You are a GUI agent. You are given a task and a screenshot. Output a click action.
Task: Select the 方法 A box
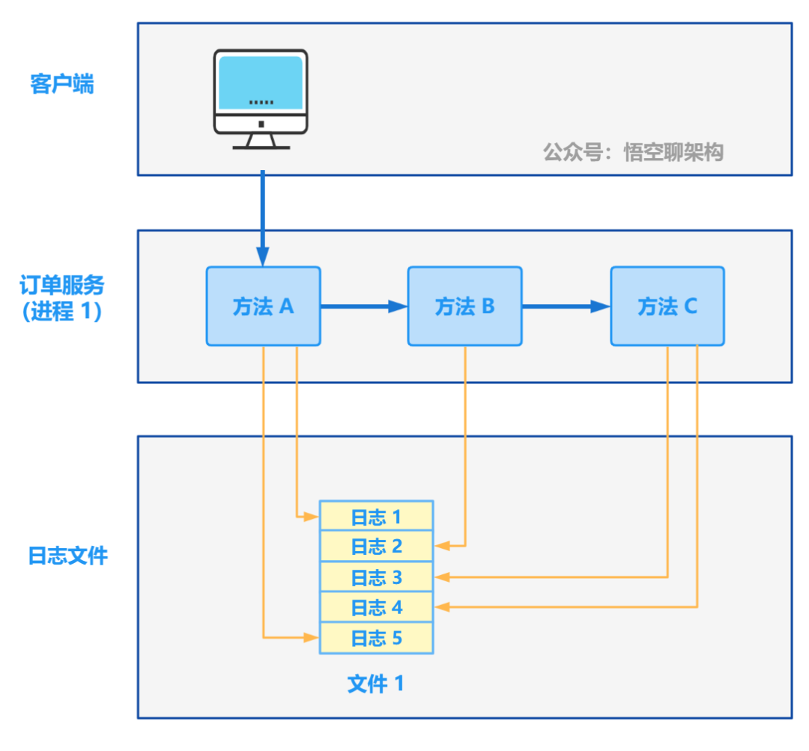coord(263,306)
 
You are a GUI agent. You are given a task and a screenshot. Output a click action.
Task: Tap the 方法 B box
coord(464,306)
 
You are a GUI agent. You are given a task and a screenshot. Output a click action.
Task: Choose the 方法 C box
coord(667,306)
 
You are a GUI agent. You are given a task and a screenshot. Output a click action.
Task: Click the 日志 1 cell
coord(377,516)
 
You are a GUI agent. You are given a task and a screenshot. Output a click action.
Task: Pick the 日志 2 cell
coord(377,547)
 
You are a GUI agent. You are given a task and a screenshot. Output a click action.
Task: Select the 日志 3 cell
coord(377,577)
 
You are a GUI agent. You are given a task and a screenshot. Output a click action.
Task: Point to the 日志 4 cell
coord(377,607)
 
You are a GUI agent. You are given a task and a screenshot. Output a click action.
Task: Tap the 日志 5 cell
coord(377,638)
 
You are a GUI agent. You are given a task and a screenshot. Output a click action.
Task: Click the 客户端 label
coord(63,84)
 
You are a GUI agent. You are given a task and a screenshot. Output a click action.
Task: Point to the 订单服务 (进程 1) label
coord(62,297)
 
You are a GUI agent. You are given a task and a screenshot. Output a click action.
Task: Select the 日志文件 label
coord(68,556)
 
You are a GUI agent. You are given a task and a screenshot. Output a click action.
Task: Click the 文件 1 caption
coord(376,683)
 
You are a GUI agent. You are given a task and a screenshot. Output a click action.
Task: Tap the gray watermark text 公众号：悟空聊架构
coord(633,153)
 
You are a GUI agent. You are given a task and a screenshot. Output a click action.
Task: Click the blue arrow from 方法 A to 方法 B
coord(363,305)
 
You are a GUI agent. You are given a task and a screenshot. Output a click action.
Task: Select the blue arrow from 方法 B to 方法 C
coord(566,305)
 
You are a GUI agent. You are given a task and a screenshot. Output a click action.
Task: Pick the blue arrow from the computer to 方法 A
coord(262,217)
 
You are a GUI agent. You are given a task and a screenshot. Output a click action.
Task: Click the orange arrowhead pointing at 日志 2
coord(442,547)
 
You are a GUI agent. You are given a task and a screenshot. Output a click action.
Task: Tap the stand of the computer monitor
coord(261,140)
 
